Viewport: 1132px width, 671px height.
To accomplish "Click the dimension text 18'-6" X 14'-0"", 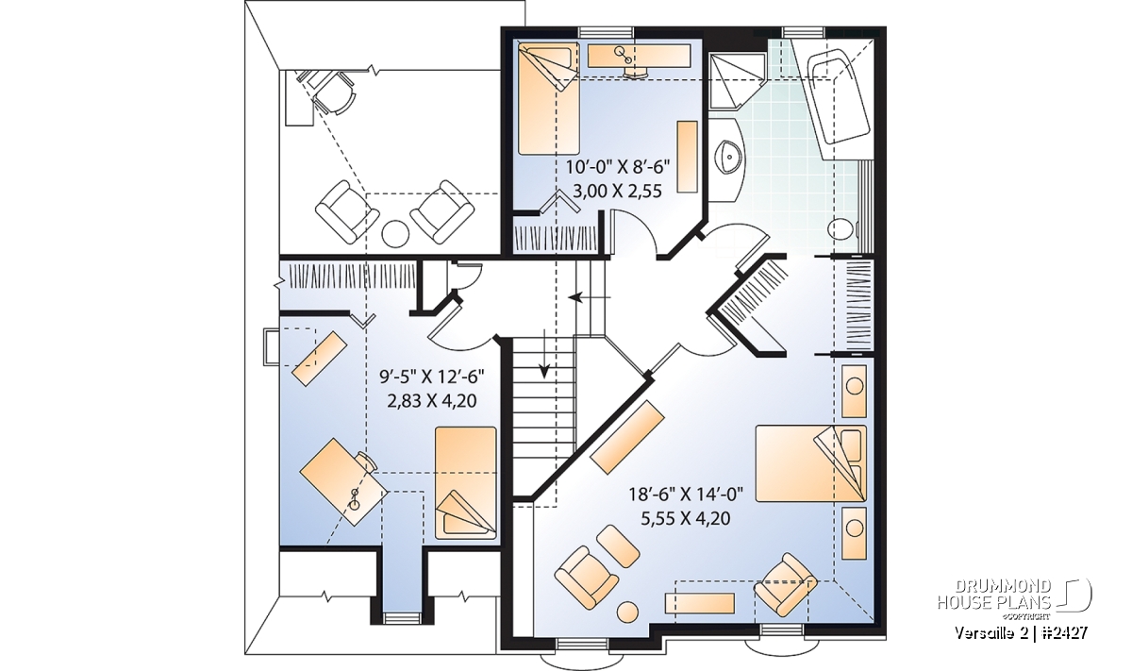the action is [x=686, y=494].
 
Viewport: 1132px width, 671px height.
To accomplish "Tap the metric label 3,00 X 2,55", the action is [x=618, y=192].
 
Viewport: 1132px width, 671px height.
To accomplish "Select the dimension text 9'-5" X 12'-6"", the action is [x=432, y=377].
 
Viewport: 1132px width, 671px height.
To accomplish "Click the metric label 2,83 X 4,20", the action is [x=432, y=401].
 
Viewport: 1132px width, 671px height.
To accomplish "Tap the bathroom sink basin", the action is [x=730, y=158].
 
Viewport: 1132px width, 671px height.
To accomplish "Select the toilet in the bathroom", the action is [x=844, y=230].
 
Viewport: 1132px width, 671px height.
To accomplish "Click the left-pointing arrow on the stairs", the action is [x=590, y=297].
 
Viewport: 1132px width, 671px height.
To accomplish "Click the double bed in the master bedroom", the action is [x=810, y=463].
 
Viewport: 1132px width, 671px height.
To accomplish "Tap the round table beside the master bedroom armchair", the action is [x=627, y=612].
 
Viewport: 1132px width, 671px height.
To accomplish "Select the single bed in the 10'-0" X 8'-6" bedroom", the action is [x=549, y=98].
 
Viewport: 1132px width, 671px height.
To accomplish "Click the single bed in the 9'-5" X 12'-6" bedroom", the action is [x=465, y=482].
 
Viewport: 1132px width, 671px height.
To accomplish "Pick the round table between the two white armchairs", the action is [x=394, y=234].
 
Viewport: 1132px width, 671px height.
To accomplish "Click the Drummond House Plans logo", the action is [x=1014, y=598].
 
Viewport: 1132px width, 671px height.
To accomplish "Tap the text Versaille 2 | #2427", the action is [x=1021, y=633].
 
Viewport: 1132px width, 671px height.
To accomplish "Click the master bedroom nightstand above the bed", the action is [x=854, y=392].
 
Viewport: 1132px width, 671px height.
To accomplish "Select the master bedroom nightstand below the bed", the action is [x=854, y=533].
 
